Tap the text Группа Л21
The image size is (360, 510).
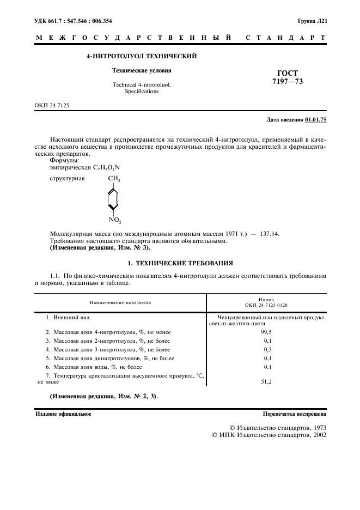click(x=312, y=21)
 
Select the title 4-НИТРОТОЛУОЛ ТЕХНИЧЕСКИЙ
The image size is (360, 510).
click(x=142, y=56)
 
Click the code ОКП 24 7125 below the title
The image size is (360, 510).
click(x=52, y=105)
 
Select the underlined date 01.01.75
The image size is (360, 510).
click(x=316, y=119)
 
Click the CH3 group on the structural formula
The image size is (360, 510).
click(x=114, y=179)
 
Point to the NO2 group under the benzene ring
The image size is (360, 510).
click(x=114, y=220)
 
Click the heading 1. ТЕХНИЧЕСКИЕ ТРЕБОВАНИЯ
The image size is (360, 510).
click(x=180, y=263)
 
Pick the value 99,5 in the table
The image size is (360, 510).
click(x=267, y=331)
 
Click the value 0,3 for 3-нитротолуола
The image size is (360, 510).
click(x=267, y=349)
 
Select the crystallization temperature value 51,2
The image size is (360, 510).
click(x=267, y=382)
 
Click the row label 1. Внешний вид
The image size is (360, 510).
click(x=68, y=317)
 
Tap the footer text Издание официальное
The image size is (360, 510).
click(x=63, y=414)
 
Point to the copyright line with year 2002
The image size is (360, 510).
click(x=269, y=436)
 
